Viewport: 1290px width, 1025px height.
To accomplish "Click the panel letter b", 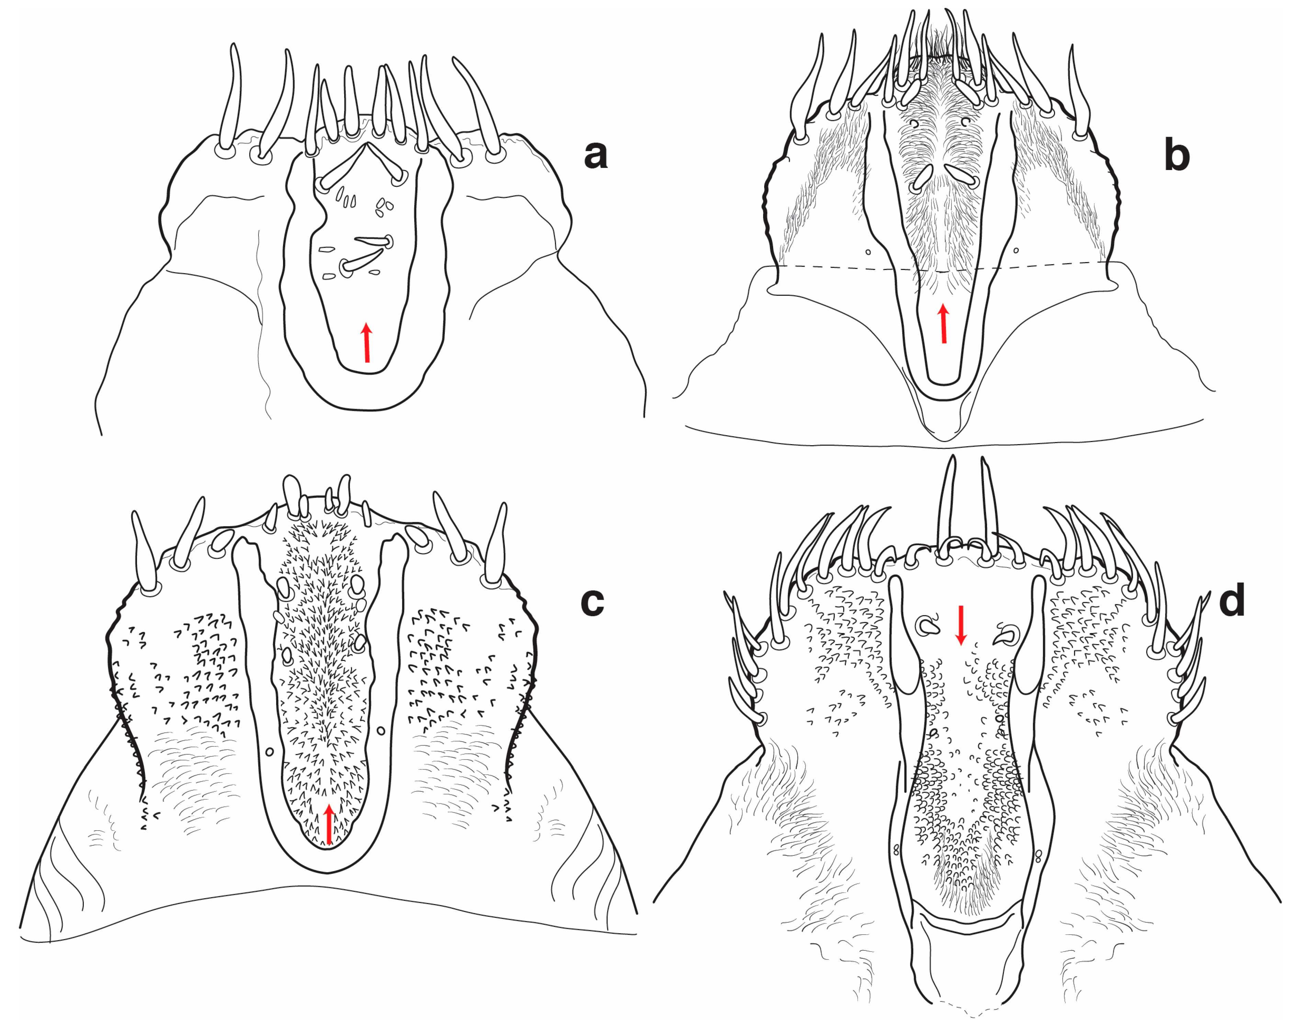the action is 1176,155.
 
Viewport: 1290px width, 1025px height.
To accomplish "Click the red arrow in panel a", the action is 367,342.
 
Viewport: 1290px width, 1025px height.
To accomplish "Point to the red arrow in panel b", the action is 943,323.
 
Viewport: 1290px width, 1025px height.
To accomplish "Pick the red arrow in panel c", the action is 328,824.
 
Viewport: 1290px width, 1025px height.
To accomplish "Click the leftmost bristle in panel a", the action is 231,99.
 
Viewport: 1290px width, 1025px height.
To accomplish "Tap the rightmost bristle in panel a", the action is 479,111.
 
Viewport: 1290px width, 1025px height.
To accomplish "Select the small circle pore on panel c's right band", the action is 381,731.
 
